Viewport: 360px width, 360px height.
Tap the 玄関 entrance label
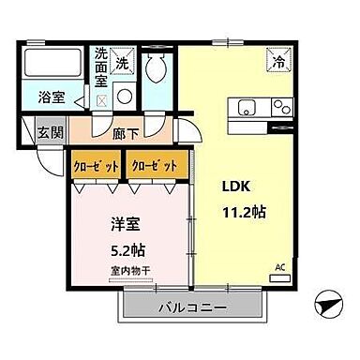coord(52,133)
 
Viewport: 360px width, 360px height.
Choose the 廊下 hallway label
coord(123,133)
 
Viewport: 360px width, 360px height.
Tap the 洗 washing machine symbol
coord(122,63)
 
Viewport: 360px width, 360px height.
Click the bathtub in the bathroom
coord(52,65)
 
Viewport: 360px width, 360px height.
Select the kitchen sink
coord(248,105)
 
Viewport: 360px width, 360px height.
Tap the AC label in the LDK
coord(278,267)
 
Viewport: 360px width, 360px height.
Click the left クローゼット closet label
coord(97,165)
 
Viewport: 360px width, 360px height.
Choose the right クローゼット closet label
coord(155,165)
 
